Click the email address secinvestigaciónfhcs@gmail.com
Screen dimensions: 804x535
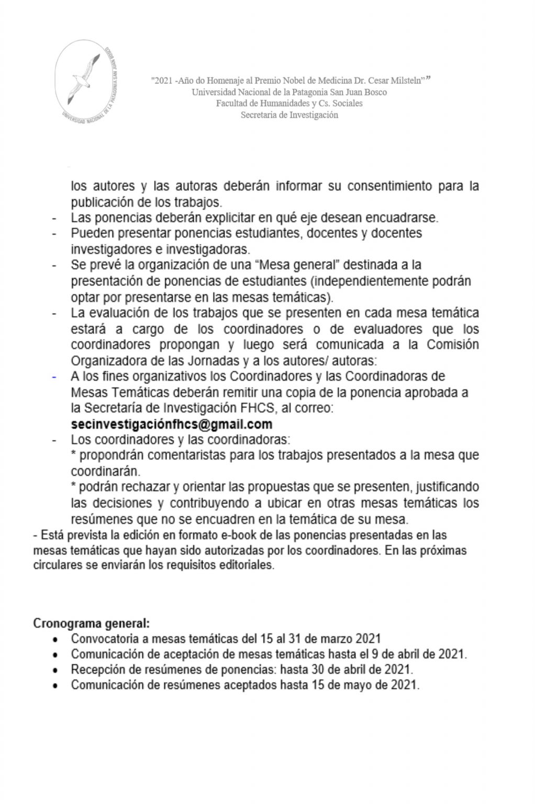(x=172, y=424)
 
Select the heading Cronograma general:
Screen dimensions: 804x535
(x=92, y=623)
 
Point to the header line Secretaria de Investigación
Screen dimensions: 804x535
(x=289, y=115)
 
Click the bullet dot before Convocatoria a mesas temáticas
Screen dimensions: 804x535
(x=55, y=639)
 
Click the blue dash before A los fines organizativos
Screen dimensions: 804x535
(x=54, y=376)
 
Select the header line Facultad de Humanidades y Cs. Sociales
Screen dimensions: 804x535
(x=289, y=104)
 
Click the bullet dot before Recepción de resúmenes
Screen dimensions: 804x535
(x=55, y=670)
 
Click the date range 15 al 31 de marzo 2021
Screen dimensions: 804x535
(x=320, y=639)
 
